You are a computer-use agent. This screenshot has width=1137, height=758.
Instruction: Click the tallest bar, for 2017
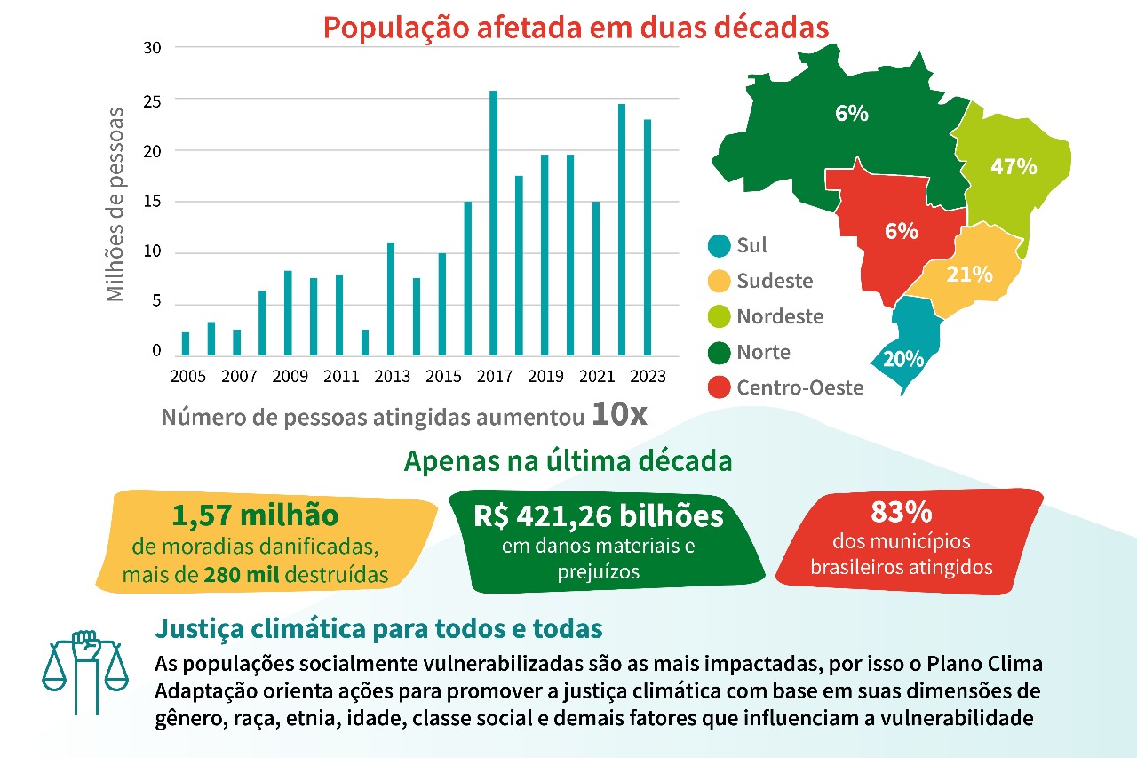point(493,222)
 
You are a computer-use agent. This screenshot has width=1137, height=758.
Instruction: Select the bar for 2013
point(390,298)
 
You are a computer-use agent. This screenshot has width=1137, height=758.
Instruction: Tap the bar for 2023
point(648,236)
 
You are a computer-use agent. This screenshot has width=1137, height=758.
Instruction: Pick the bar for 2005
point(186,342)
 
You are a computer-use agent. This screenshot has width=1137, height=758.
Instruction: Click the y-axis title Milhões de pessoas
point(115,203)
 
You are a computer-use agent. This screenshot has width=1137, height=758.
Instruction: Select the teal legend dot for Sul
point(719,245)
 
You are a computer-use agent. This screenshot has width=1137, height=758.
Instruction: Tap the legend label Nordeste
point(780,316)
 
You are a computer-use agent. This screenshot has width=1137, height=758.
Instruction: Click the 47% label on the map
point(1014,166)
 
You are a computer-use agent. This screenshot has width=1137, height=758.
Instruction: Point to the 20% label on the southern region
point(903,360)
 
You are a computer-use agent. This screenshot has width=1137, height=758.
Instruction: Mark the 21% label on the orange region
point(968,275)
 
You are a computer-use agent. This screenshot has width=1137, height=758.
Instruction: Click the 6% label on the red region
point(901,231)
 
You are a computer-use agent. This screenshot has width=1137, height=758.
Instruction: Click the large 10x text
point(618,416)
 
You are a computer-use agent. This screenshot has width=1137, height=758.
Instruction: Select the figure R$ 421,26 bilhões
point(598,516)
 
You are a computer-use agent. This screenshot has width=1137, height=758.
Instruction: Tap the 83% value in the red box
point(901,513)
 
